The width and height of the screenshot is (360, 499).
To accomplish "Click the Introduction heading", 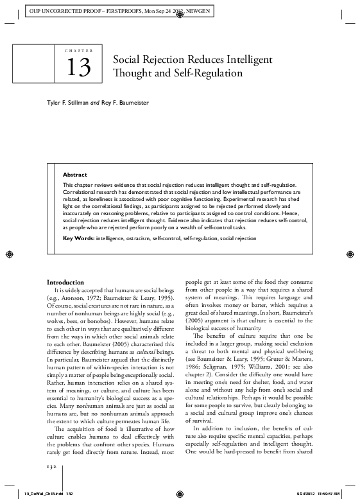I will click(65, 283).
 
